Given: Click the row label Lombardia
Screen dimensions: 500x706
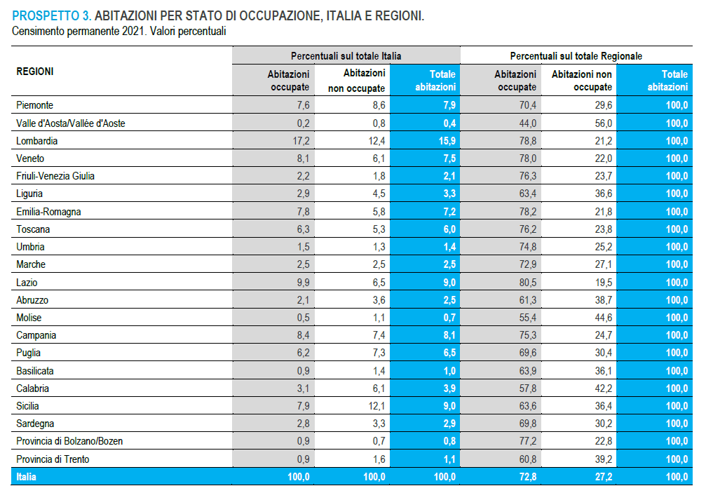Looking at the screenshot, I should coord(36,141).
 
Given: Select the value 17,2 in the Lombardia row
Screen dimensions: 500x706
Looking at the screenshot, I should coord(300,141).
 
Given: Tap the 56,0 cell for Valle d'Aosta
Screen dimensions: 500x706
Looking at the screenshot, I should coord(603,123).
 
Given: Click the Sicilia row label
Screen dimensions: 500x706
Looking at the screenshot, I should coord(28,406).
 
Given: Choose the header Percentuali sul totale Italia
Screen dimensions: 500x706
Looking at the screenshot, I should coord(346,55).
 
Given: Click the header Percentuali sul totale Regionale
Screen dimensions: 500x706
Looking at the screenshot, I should coord(576,55).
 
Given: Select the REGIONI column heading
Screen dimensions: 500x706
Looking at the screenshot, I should coord(35,72).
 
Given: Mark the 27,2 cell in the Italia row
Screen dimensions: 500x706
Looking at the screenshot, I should coord(603,477).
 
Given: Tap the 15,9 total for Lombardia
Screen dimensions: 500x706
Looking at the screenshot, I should coord(445,141).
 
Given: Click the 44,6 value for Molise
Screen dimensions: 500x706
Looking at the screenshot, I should coord(603,318).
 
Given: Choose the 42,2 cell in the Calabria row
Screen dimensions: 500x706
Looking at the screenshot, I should coord(603,388).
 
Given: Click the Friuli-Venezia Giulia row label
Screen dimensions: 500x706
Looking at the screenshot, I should coord(55,176).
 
